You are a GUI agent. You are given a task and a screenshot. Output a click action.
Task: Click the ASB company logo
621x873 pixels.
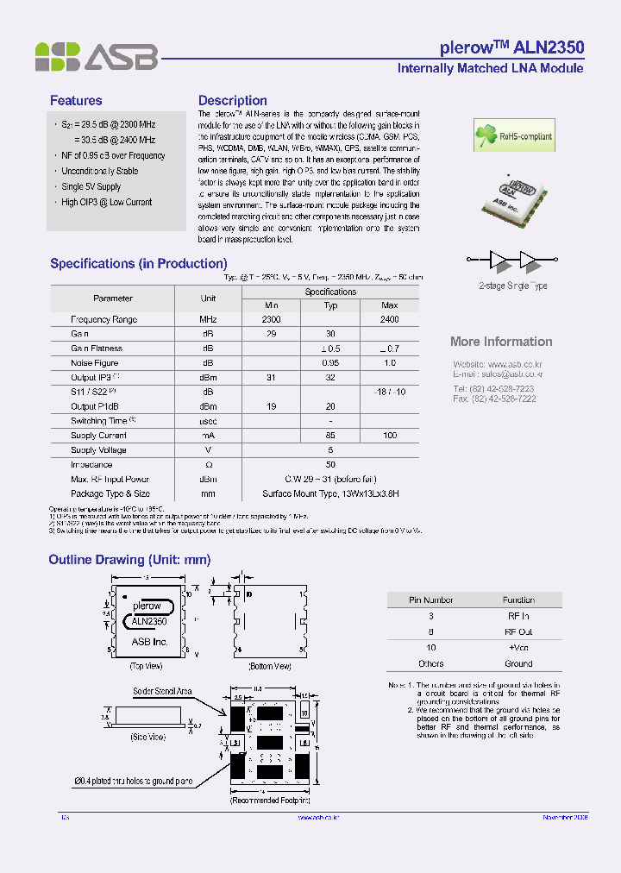click(96, 57)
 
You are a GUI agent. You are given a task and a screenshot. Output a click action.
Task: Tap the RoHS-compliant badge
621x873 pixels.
click(514, 135)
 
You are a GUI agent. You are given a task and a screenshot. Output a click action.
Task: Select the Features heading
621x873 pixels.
click(76, 101)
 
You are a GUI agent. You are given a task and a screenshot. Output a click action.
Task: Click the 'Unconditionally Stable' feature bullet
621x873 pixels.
click(99, 171)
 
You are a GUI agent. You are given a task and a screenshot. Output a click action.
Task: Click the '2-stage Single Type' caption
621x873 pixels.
click(513, 286)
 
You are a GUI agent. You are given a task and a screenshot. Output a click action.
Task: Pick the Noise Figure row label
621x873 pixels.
click(95, 363)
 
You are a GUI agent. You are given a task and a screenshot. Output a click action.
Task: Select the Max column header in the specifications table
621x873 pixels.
click(390, 305)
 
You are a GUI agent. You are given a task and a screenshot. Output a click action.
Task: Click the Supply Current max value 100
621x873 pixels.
click(390, 436)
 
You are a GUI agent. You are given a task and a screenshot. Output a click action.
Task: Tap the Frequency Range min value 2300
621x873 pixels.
click(272, 319)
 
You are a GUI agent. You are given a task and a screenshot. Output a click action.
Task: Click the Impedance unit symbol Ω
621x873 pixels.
click(208, 464)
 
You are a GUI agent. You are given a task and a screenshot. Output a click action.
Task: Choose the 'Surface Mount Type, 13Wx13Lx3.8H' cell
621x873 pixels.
click(330, 494)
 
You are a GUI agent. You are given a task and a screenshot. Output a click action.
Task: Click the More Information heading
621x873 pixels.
click(501, 342)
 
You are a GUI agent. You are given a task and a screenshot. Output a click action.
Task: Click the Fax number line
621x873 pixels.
click(494, 399)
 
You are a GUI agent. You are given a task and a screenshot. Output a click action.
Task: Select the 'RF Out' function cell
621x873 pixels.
click(518, 631)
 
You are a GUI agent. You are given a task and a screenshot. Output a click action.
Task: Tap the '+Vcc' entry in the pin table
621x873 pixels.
click(518, 647)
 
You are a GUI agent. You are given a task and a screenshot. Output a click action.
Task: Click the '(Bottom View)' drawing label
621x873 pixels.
click(270, 666)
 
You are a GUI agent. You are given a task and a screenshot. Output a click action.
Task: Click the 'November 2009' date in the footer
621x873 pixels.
click(564, 817)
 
